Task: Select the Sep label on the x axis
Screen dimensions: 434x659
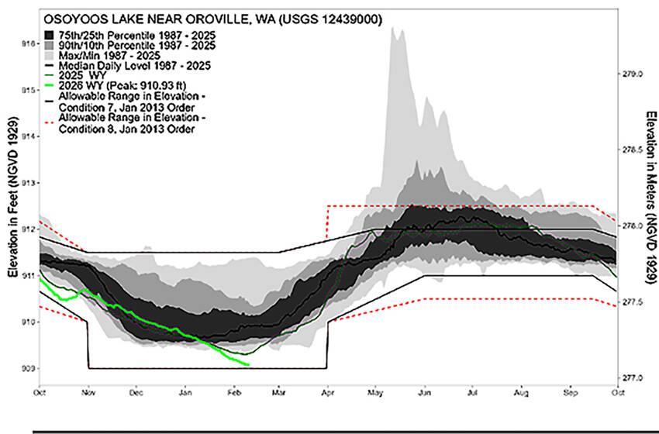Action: click(571, 393)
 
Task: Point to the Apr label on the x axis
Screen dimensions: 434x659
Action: click(328, 393)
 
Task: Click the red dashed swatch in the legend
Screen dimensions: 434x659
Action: click(48, 122)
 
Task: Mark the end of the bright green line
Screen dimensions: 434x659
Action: click(248, 364)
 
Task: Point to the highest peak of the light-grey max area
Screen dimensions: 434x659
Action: click(394, 27)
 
